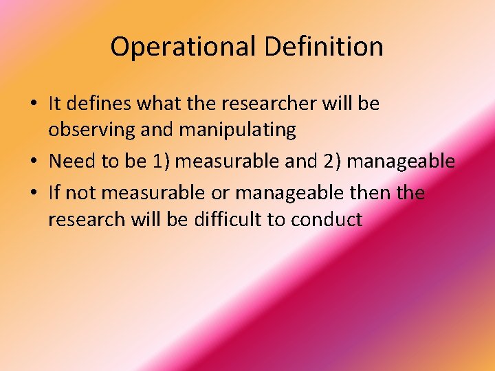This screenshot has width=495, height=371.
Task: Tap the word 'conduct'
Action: pyautogui.click(x=327, y=219)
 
